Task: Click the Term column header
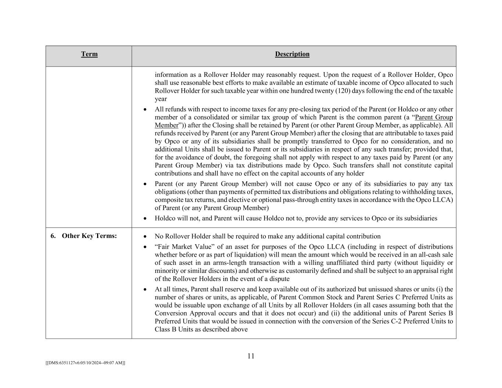pos(89,54)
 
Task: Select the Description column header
pos(292,54)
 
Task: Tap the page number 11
pos(251,356)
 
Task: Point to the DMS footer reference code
pos(85,363)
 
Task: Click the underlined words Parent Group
pos(434,117)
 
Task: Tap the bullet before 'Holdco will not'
pos(145,218)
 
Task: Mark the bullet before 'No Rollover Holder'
pos(145,236)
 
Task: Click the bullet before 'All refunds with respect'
pos(145,110)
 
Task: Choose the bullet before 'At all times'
pos(145,289)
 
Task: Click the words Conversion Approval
pos(186,313)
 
